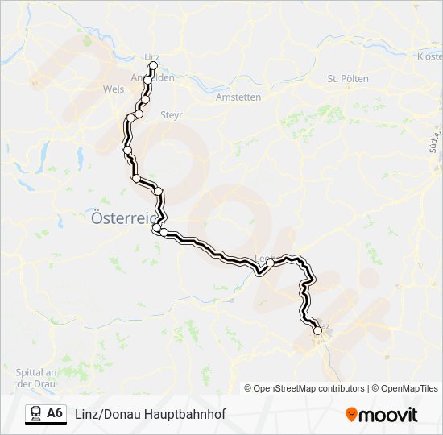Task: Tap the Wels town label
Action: (114, 89)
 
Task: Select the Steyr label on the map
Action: (172, 115)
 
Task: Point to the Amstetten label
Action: (238, 97)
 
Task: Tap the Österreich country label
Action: (121, 217)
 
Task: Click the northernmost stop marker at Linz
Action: (153, 65)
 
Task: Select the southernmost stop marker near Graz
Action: (317, 330)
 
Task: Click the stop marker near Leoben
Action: (271, 263)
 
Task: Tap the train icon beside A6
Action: (35, 414)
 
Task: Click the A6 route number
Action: (55, 414)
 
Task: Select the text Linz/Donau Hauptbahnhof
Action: (151, 414)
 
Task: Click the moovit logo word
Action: (389, 415)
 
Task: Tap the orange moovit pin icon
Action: (351, 415)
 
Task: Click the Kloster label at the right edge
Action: (429, 56)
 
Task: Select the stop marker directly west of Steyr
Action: (139, 114)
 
